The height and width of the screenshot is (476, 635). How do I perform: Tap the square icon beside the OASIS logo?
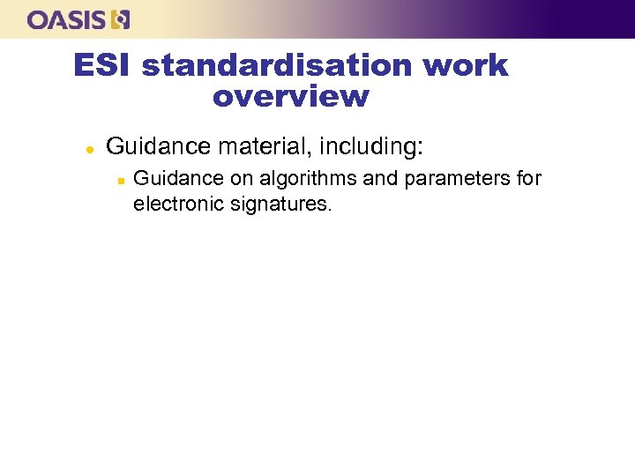coord(122,19)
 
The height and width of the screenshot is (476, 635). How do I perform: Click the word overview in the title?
coord(290,96)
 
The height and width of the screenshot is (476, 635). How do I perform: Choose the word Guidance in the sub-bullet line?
coord(178,179)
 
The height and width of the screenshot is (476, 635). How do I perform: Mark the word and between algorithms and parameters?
coord(380,179)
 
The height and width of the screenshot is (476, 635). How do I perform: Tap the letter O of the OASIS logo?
coord(38,19)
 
